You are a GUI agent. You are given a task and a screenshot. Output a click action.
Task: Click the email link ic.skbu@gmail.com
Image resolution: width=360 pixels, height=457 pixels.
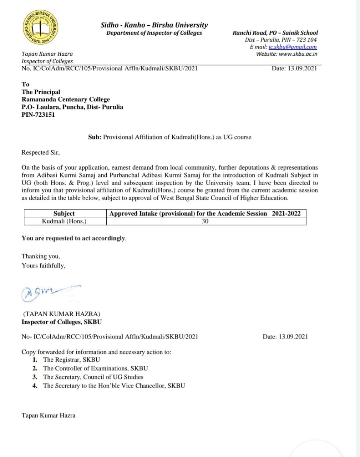(x=293, y=47)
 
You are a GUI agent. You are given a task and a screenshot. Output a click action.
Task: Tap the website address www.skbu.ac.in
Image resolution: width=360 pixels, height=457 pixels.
(x=298, y=54)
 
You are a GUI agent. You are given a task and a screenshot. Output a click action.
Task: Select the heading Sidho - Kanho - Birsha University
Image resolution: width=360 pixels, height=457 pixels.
(x=154, y=25)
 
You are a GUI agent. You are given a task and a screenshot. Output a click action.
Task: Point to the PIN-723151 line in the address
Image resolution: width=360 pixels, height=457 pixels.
(x=38, y=115)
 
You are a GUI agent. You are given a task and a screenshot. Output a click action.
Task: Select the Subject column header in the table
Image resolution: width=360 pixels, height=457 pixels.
(x=64, y=214)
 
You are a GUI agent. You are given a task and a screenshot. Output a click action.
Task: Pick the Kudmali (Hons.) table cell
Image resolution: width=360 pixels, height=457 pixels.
(x=64, y=221)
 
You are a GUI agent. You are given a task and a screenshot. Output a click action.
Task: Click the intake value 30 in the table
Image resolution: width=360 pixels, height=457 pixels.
(x=205, y=221)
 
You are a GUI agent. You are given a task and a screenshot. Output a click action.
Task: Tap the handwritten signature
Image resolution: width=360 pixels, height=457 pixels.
(x=50, y=292)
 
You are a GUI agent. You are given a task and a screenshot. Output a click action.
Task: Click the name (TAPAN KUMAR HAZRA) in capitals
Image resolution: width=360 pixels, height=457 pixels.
(x=62, y=314)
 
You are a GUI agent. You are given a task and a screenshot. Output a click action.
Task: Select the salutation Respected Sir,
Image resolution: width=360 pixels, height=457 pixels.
(x=41, y=152)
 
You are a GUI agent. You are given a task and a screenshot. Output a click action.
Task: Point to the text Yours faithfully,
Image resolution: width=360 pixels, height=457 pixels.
(x=44, y=265)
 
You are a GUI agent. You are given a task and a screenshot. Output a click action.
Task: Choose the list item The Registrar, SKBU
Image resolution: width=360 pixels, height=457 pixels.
(x=71, y=360)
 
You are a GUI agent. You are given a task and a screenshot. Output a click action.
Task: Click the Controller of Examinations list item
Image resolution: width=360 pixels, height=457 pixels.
(x=95, y=368)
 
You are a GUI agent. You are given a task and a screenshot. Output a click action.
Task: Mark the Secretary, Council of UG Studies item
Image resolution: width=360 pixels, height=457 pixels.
(x=93, y=377)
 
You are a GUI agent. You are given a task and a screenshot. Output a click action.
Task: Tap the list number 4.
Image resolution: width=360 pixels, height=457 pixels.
(x=35, y=386)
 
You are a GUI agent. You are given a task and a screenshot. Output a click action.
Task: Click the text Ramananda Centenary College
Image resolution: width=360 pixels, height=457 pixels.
(x=66, y=100)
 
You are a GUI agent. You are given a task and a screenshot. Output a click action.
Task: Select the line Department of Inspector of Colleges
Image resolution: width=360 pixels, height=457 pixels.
(x=154, y=33)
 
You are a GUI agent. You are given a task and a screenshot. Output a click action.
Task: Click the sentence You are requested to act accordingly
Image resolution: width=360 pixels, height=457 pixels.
(x=74, y=238)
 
